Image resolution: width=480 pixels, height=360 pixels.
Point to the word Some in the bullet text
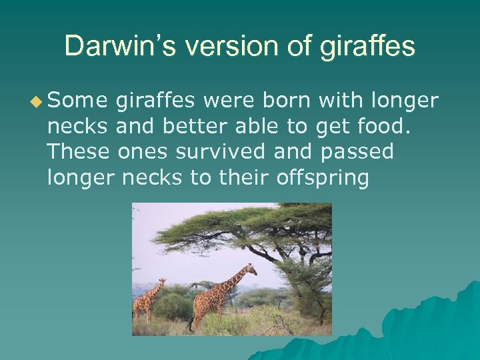coord(77,101)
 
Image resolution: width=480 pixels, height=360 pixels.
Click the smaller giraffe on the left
coord(147,300)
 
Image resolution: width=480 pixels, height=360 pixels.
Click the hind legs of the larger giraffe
coord(197,317)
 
